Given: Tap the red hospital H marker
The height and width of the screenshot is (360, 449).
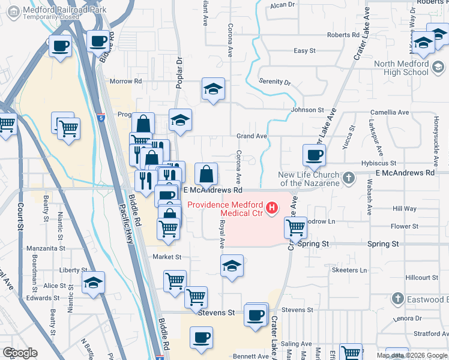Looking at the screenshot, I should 273,209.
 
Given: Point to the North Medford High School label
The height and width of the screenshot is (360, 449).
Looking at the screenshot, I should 401,68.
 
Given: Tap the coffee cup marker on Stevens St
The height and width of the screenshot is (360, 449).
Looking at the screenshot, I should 256,314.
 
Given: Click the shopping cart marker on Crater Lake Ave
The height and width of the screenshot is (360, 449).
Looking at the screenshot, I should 295,228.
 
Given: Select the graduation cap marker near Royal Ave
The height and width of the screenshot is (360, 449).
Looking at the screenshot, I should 232,266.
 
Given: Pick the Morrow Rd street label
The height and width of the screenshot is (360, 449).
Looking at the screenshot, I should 125,81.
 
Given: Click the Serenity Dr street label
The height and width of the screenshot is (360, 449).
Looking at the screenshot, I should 274,82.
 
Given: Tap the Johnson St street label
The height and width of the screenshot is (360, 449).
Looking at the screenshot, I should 307,110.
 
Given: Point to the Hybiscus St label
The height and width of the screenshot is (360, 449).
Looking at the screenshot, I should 379,163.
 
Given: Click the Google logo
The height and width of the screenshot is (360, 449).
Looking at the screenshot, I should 20,353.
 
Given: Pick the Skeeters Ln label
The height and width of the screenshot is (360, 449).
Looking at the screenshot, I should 349,271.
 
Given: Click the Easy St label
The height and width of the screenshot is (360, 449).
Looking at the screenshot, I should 305,51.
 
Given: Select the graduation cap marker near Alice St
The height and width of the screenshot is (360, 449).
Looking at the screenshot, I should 94,283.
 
